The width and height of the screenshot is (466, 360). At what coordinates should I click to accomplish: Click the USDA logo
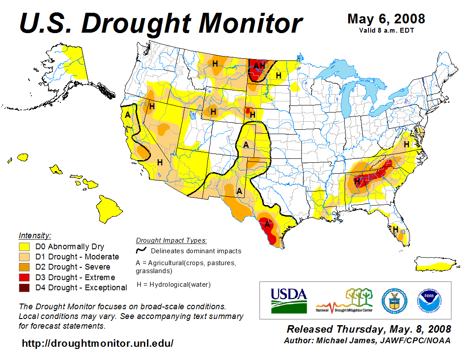(x=289, y=300)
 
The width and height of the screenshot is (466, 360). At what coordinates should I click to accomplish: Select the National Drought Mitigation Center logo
(x=344, y=300)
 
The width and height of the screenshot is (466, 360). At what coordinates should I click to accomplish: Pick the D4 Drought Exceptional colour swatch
(x=24, y=288)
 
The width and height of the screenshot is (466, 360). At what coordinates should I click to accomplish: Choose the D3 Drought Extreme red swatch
(x=24, y=277)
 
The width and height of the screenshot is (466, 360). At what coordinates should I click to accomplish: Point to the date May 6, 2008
(x=386, y=19)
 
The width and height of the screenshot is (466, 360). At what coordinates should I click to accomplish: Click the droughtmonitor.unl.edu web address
(x=98, y=343)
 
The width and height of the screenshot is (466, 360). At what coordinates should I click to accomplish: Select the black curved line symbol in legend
(x=141, y=251)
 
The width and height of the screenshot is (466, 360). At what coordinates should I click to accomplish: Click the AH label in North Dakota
(x=259, y=66)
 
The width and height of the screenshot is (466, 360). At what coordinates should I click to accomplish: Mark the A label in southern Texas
(x=267, y=224)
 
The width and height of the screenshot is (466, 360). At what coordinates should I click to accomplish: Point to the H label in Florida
(x=395, y=229)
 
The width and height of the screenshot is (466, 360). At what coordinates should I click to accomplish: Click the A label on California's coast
(x=128, y=115)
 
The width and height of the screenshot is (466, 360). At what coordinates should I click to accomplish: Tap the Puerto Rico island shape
(x=435, y=264)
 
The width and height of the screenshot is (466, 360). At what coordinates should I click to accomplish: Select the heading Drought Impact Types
(x=171, y=240)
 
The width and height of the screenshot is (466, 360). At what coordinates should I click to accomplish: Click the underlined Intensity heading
(x=35, y=235)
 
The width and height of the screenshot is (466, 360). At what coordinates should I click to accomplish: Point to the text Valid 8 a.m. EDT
(x=386, y=30)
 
